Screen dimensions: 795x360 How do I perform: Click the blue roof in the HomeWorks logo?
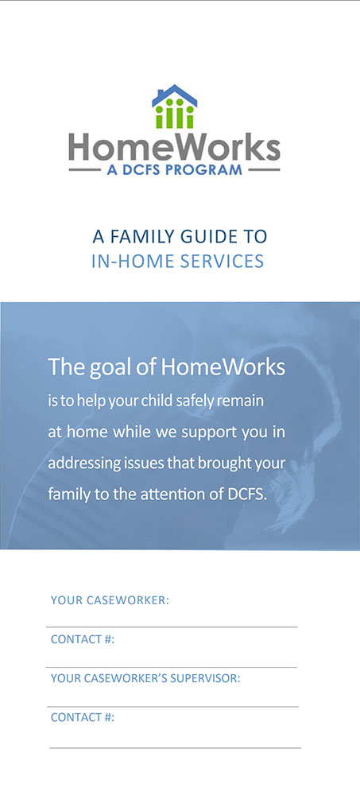(x=174, y=95)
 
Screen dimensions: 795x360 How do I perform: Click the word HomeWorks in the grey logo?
(x=174, y=147)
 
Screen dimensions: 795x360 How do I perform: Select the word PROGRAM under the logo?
(x=207, y=169)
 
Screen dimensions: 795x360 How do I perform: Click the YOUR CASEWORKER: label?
(x=110, y=600)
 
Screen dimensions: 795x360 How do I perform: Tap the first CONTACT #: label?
(x=83, y=639)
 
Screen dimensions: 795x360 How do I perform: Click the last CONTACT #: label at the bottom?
(x=83, y=717)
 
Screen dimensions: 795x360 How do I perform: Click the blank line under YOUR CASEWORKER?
(x=172, y=626)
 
